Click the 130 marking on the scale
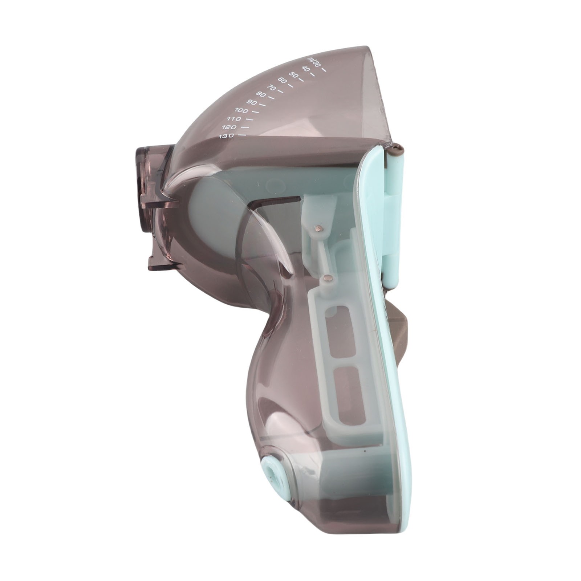226,136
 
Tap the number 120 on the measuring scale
229,127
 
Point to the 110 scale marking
233,119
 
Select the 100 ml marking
241,110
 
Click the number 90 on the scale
252,102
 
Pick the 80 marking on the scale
261,94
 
